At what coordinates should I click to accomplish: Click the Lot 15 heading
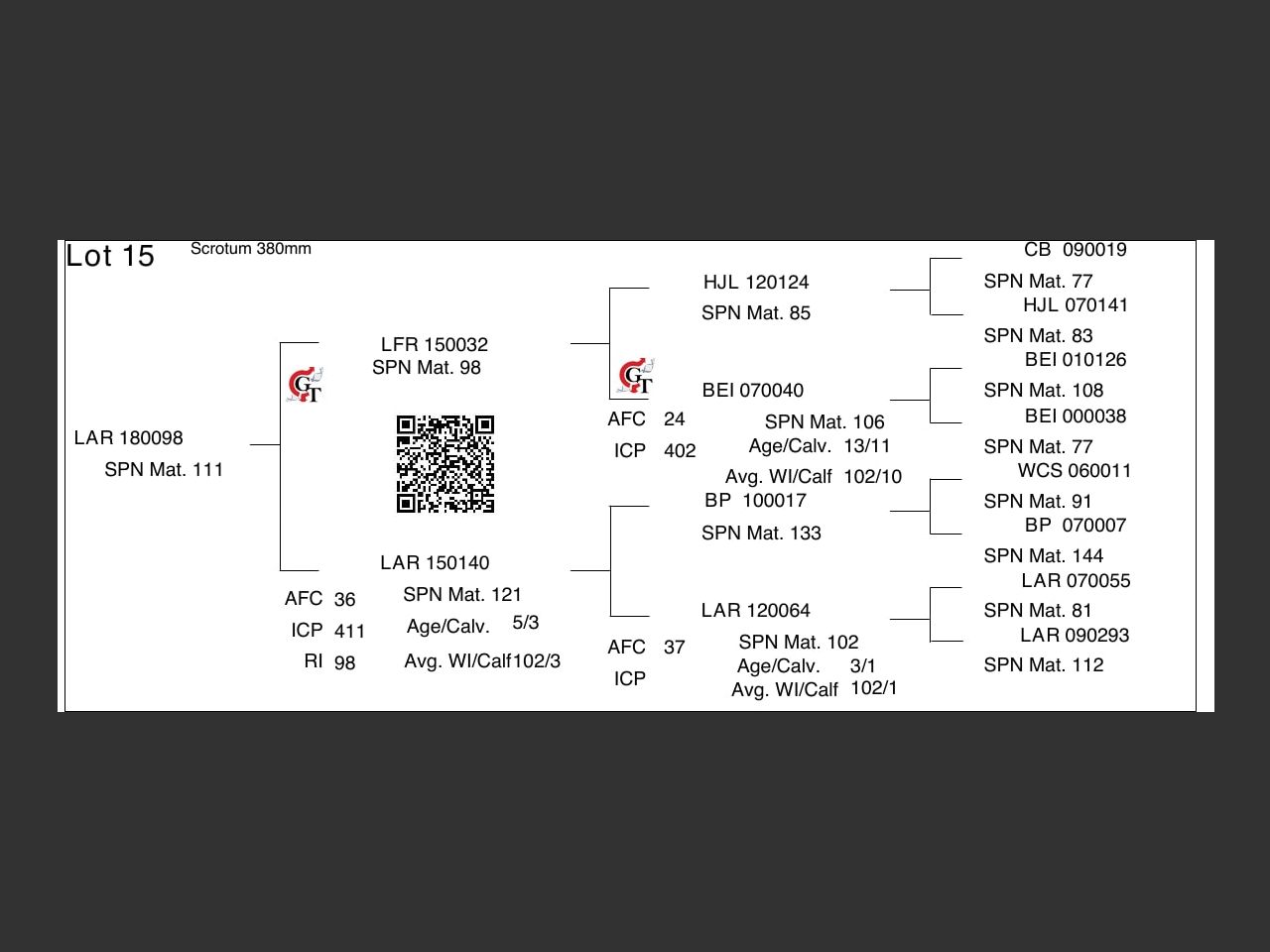click(110, 256)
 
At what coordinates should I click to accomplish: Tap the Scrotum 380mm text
click(251, 249)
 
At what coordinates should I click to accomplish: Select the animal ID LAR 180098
click(128, 438)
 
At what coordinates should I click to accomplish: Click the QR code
click(445, 464)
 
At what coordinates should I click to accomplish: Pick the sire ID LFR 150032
click(435, 345)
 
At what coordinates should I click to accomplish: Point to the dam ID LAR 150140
click(435, 563)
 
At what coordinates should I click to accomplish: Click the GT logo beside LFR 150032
click(306, 385)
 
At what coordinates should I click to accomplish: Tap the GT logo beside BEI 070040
click(636, 377)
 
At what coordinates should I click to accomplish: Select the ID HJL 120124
click(756, 283)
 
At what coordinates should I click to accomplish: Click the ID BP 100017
click(755, 501)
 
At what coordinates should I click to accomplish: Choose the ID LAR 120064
click(755, 611)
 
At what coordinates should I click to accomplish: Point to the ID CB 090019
click(1076, 250)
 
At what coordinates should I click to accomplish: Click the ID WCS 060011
click(1075, 471)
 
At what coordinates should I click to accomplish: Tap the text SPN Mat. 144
click(1044, 556)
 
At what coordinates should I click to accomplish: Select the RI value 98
click(344, 663)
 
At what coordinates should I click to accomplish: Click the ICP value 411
click(349, 632)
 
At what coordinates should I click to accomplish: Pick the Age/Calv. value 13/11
click(867, 446)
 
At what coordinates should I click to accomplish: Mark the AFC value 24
click(675, 419)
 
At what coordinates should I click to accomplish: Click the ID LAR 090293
click(1075, 636)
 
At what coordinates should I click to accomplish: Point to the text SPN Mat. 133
click(761, 534)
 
